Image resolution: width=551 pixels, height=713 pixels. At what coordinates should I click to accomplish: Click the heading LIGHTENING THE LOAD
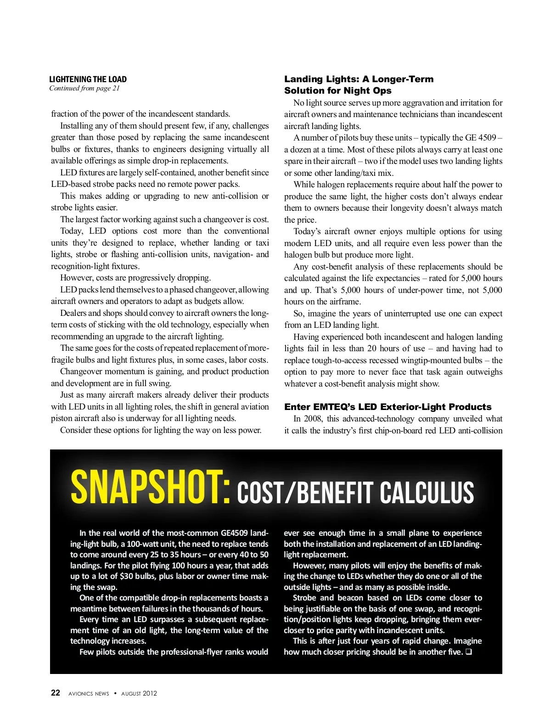point(88,79)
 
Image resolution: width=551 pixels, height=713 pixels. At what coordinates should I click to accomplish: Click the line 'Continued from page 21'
point(84,88)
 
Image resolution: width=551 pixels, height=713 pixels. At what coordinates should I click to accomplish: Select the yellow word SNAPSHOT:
point(151,487)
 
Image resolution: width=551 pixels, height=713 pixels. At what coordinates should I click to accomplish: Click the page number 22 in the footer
point(55,693)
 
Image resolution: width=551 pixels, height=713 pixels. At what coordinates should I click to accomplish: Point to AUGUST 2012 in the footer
point(139,693)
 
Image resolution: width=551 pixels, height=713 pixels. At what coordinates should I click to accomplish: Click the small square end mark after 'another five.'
point(469,652)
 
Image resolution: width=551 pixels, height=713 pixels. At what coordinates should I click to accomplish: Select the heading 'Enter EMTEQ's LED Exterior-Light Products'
point(388,407)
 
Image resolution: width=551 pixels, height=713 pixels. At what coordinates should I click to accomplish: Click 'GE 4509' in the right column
point(481,138)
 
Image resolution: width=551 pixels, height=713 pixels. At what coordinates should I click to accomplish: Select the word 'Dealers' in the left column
point(73,313)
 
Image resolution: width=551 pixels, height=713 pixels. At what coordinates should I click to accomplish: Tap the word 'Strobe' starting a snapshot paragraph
point(305,598)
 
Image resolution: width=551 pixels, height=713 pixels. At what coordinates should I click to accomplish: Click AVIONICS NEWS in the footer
point(89,693)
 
